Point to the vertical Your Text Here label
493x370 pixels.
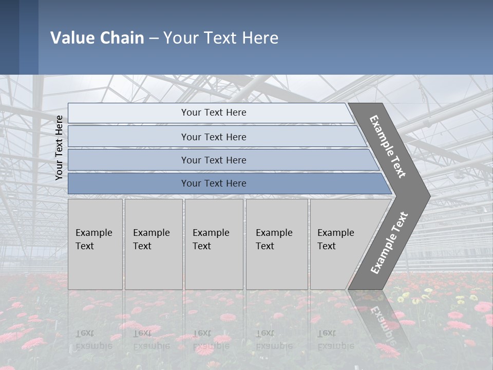tap(59, 147)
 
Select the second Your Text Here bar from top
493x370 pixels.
tap(214, 137)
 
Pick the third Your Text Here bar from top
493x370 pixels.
tap(214, 160)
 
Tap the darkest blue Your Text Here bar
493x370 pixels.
tap(214, 183)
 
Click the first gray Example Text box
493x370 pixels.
tap(95, 244)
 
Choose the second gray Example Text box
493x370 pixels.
tap(153, 244)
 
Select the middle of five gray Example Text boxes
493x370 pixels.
tap(214, 244)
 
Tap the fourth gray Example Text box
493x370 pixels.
tap(276, 244)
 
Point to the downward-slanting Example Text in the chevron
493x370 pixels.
tap(388, 146)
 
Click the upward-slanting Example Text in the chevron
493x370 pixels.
tap(389, 243)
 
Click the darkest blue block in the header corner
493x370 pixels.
tap(9, 37)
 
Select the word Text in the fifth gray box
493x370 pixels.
tap(327, 246)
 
